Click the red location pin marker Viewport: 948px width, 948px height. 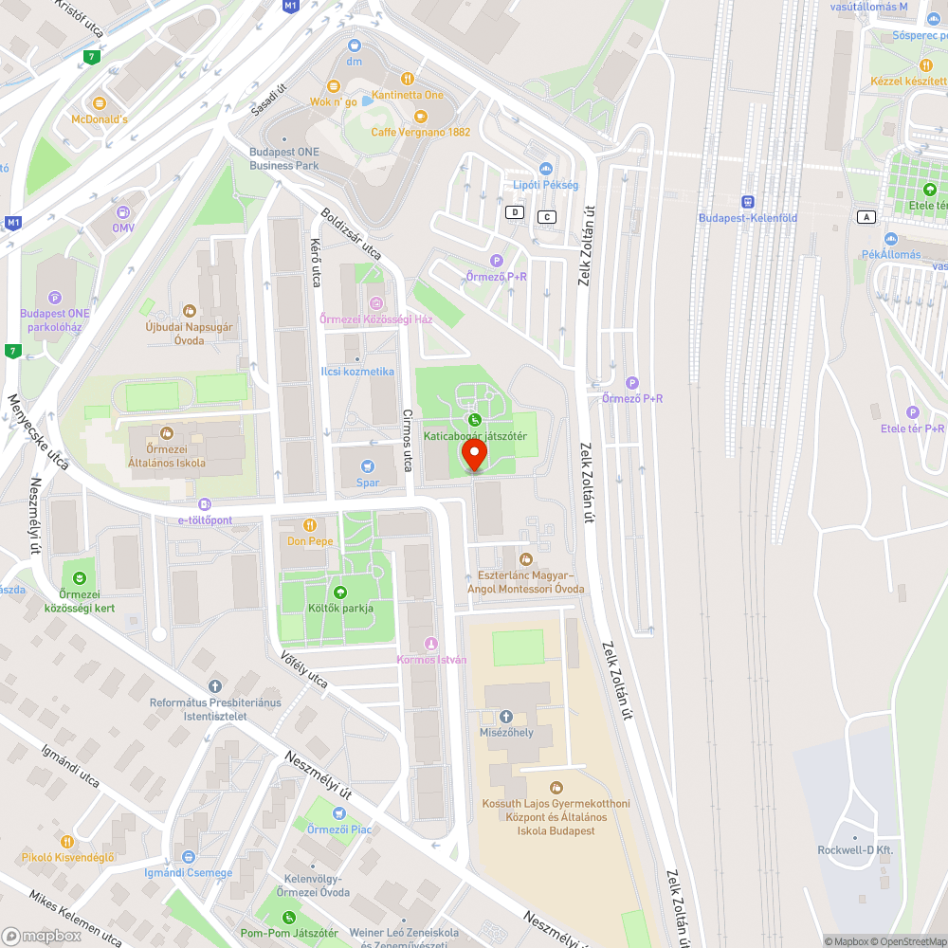point(474,457)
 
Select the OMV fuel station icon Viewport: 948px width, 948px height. point(123,212)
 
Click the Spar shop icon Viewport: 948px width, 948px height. point(368,466)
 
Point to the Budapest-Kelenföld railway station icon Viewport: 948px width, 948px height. point(747,202)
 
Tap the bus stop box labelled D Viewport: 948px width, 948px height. point(515,212)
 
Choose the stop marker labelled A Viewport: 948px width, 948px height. point(865,217)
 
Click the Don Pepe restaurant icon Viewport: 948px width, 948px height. point(309,525)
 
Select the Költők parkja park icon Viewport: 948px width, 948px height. point(340,592)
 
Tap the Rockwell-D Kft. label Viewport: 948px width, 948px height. point(855,850)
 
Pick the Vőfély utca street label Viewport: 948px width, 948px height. point(304,669)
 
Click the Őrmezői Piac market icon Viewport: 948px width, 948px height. point(338,813)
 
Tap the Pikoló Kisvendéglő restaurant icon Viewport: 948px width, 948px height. point(67,842)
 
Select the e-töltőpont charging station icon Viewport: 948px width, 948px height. point(205,504)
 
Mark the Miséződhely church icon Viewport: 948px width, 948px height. point(505,717)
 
